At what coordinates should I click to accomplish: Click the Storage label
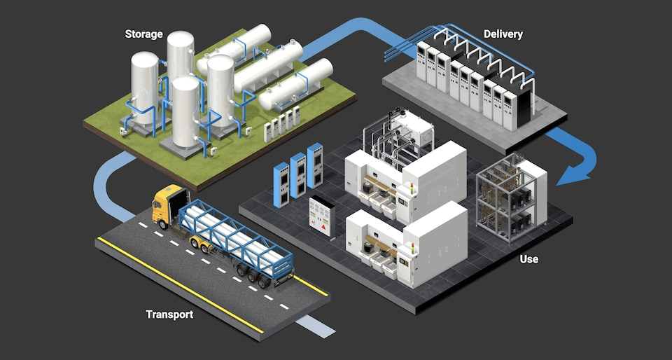click(x=143, y=34)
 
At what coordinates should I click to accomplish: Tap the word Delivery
click(x=503, y=34)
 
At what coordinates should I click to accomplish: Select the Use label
click(x=528, y=259)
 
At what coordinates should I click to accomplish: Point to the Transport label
click(x=169, y=314)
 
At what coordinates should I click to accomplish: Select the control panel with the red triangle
click(x=323, y=216)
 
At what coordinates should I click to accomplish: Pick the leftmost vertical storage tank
click(x=145, y=88)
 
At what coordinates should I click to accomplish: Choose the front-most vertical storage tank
click(x=185, y=112)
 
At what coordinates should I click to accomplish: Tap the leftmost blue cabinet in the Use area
click(x=281, y=183)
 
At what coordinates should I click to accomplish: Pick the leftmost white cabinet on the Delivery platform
click(x=422, y=61)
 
